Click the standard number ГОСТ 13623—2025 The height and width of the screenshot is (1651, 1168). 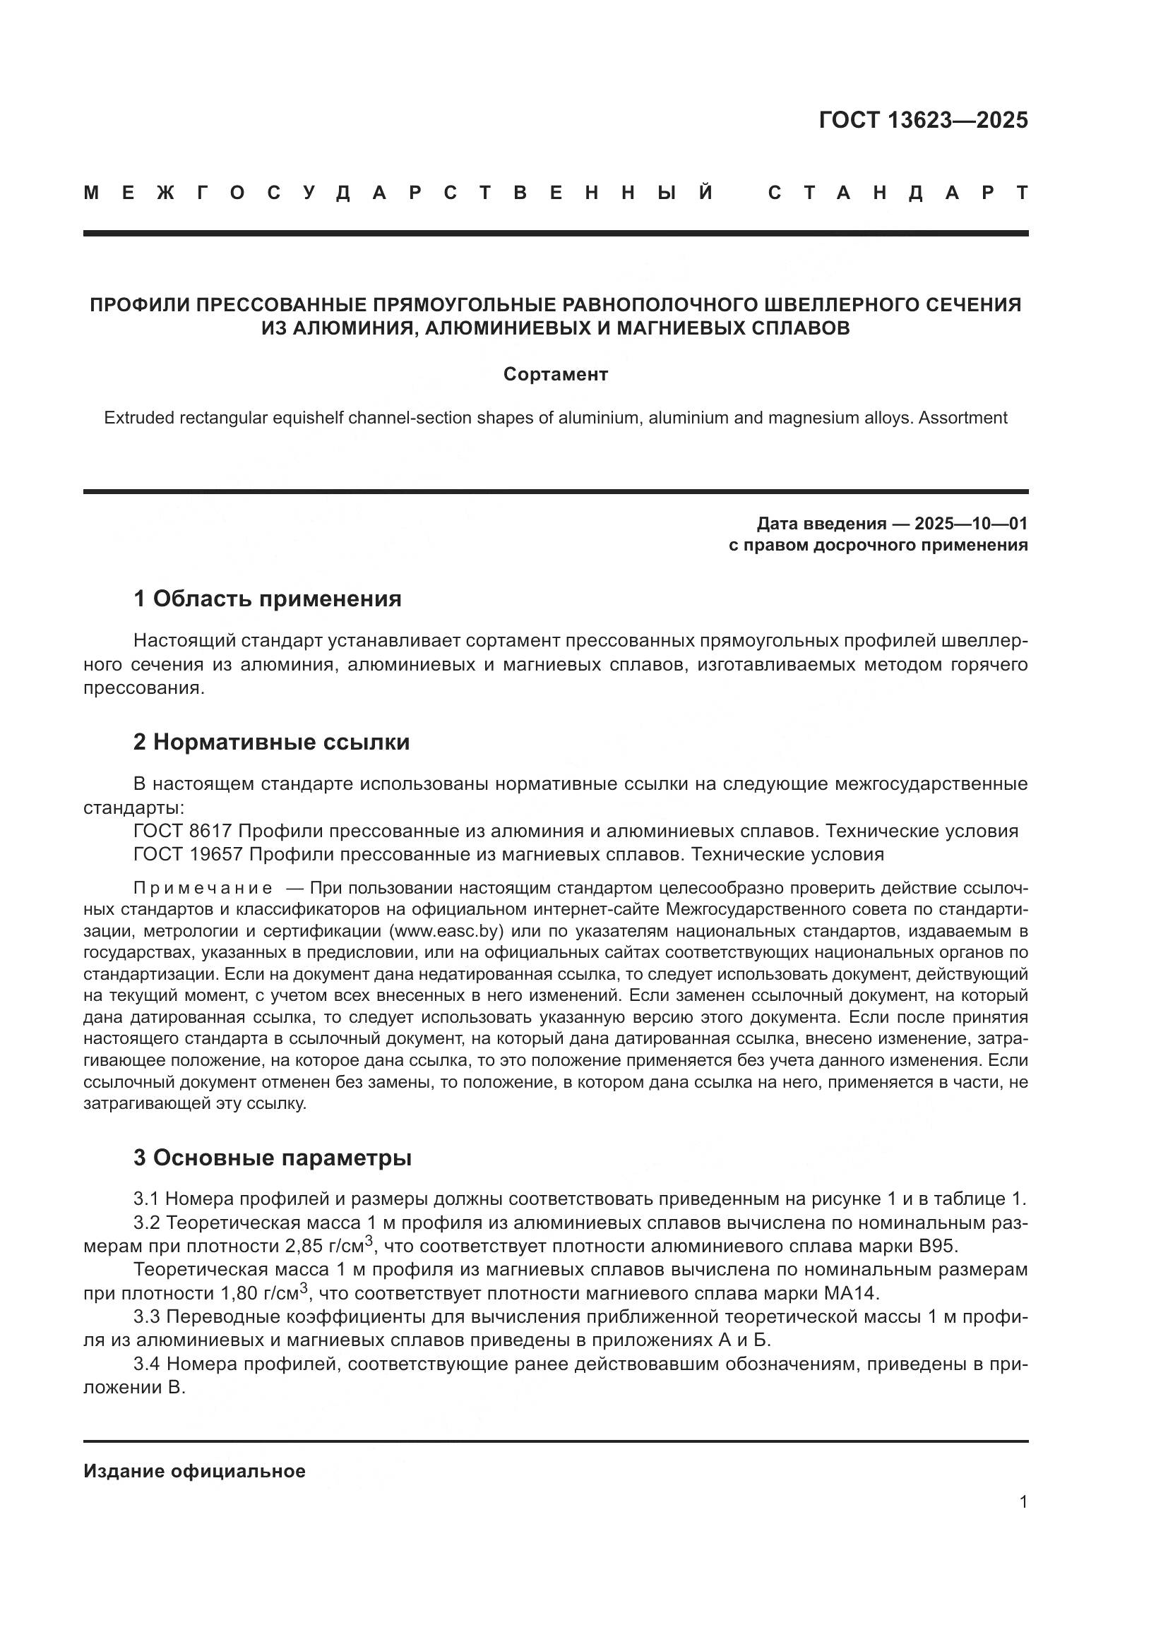click(923, 120)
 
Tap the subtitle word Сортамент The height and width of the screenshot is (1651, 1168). click(555, 374)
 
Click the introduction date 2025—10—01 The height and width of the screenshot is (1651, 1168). click(971, 524)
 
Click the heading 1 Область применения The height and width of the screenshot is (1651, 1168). click(267, 599)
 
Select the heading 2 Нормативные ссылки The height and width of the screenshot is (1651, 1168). click(271, 741)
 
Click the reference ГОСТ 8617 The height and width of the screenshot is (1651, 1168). click(182, 831)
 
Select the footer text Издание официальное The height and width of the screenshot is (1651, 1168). click(194, 1471)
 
